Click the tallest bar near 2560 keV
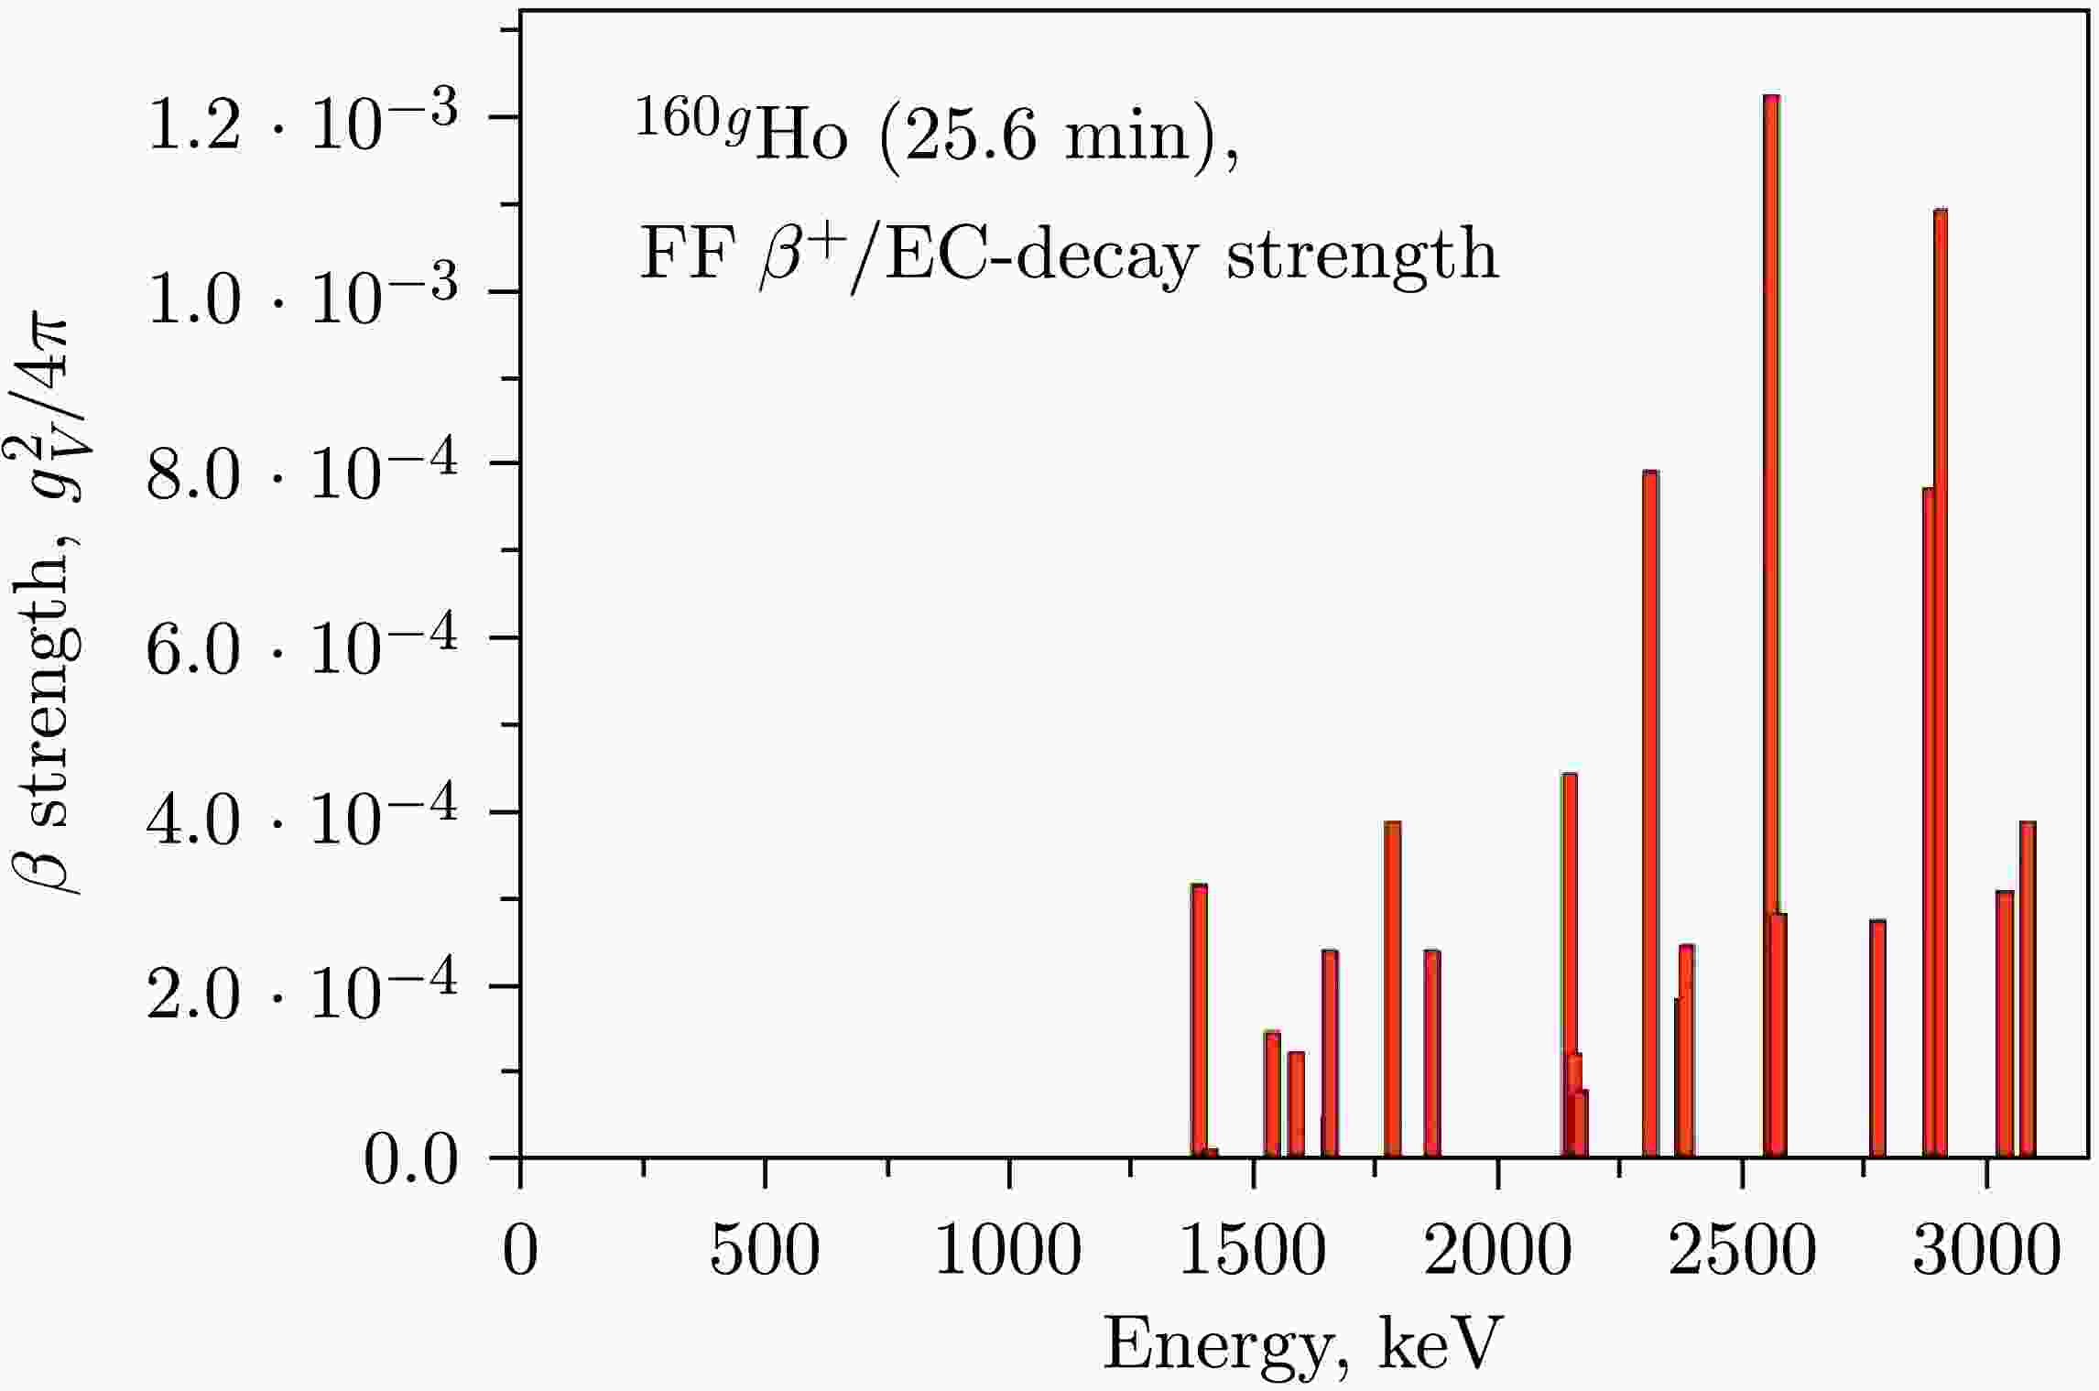tap(1771, 623)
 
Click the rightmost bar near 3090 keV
tap(2028, 989)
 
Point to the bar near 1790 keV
tap(1393, 989)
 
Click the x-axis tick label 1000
tap(1008, 1252)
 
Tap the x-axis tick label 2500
tap(1741, 1252)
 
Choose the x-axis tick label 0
tap(520, 1252)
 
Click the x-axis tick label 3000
tap(1985, 1252)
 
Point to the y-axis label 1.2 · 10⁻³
tap(302, 124)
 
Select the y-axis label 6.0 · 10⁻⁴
tap(302, 646)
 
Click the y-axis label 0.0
tap(409, 1164)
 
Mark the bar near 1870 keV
tap(1432, 1053)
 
